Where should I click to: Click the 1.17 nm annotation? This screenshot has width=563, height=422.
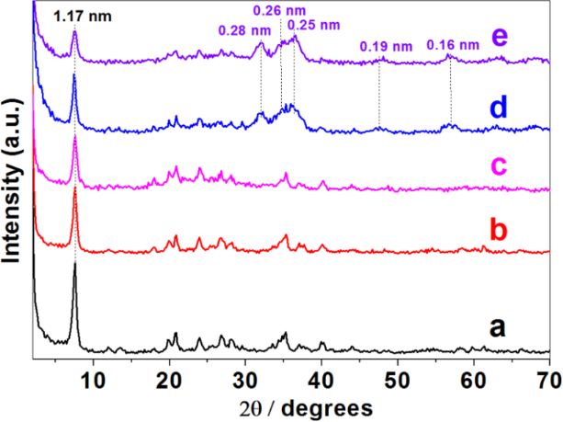click(74, 15)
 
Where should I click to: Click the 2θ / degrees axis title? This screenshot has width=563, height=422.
click(292, 405)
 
